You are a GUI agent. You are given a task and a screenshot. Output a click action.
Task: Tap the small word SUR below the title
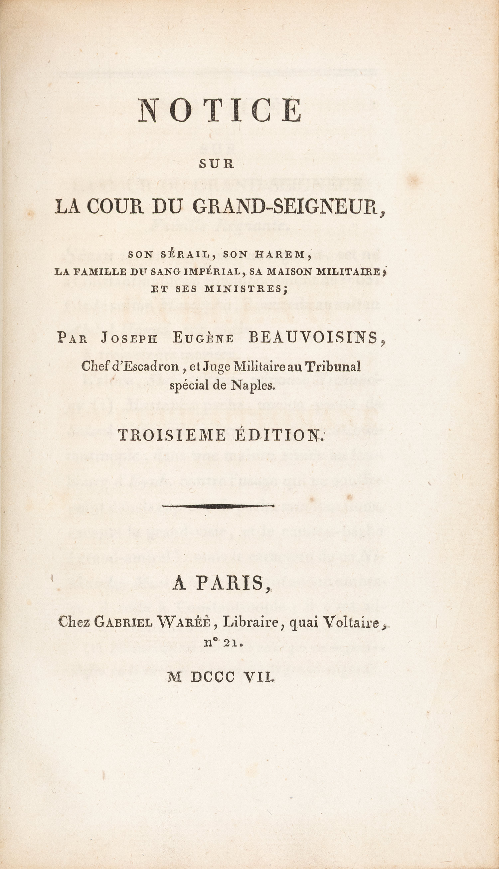click(x=217, y=164)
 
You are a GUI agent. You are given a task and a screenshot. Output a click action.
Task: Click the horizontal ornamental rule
click(x=218, y=506)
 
